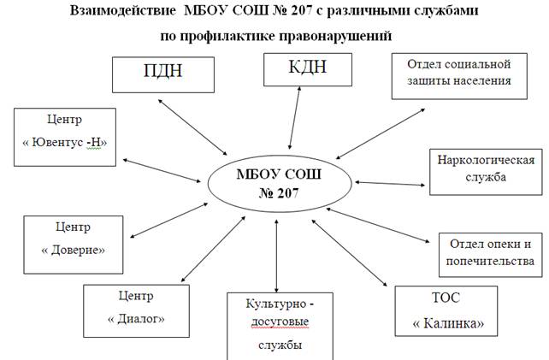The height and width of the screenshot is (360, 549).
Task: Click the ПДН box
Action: click(x=163, y=75)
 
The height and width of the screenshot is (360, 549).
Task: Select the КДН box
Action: click(x=308, y=69)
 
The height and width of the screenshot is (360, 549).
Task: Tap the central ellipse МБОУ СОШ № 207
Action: click(x=280, y=184)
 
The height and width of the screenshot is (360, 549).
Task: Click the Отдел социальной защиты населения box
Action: click(x=459, y=76)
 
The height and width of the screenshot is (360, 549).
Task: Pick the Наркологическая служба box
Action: click(x=486, y=172)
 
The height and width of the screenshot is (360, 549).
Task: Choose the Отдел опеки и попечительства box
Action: click(x=491, y=255)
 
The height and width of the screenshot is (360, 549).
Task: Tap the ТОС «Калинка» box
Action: click(x=446, y=311)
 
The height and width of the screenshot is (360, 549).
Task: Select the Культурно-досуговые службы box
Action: click(x=280, y=327)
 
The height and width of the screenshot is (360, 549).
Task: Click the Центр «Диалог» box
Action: click(x=136, y=310)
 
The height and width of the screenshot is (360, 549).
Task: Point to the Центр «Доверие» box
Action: click(x=74, y=245)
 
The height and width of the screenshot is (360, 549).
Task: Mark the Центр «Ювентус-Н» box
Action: click(x=65, y=137)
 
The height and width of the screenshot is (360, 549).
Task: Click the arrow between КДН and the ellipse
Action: click(x=294, y=118)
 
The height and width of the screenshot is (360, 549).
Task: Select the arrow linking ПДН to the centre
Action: click(x=192, y=127)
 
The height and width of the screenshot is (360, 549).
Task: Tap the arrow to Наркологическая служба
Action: click(x=390, y=184)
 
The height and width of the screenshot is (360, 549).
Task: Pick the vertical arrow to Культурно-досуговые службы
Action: click(x=276, y=256)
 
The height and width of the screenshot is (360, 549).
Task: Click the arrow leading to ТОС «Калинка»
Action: click(x=350, y=253)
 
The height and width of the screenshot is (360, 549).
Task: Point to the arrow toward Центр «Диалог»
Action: click(x=213, y=249)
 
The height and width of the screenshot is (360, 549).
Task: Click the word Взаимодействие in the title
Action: click(x=123, y=11)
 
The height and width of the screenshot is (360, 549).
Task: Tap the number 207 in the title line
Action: click(x=300, y=10)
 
